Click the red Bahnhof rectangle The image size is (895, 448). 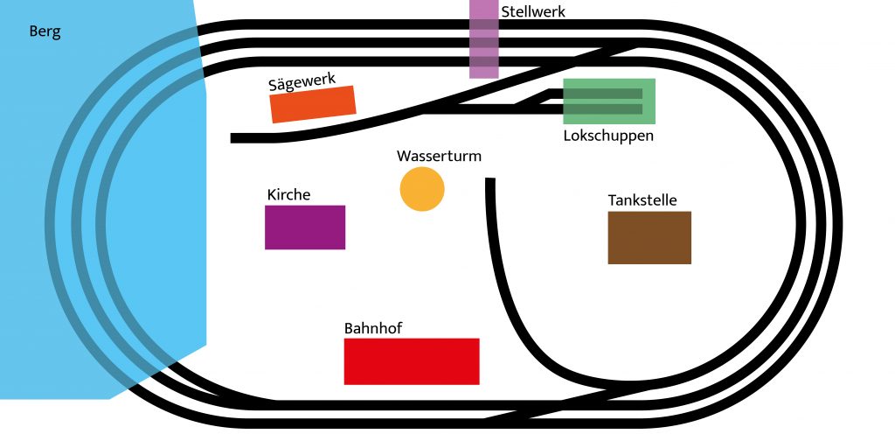pyautogui.click(x=412, y=361)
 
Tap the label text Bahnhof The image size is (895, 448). pyautogui.click(x=373, y=328)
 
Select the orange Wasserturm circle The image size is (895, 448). pyautogui.click(x=422, y=189)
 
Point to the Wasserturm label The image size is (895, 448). pyautogui.click(x=439, y=156)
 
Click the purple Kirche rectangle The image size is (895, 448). pyautogui.click(x=305, y=227)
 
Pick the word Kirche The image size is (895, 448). pyautogui.click(x=288, y=194)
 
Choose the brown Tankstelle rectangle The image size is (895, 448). pyautogui.click(x=649, y=237)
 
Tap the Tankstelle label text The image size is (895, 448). pyautogui.click(x=642, y=200)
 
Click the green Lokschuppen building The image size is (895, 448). pyautogui.click(x=609, y=101)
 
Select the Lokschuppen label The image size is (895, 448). pyautogui.click(x=608, y=136)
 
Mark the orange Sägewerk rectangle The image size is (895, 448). pyautogui.click(x=313, y=104)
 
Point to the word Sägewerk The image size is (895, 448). pyautogui.click(x=302, y=82)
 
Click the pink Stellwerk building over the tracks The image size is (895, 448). pyautogui.click(x=484, y=39)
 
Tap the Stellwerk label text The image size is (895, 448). pyautogui.click(x=533, y=11)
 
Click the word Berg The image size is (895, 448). pyautogui.click(x=45, y=31)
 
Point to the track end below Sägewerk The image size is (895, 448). pyautogui.click(x=235, y=138)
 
